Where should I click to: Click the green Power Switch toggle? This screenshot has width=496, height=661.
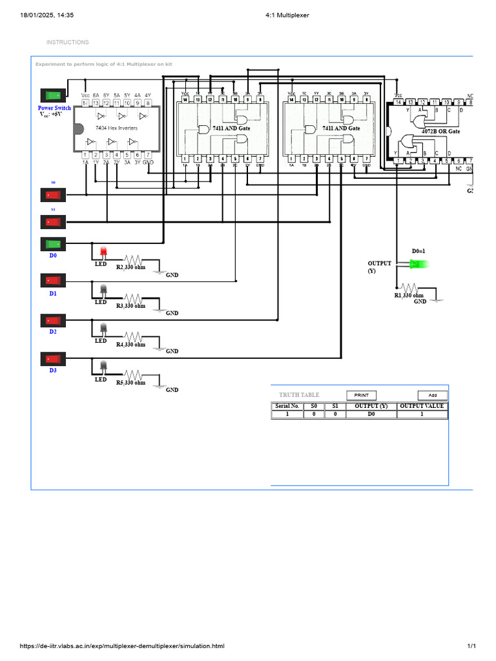pos(53,96)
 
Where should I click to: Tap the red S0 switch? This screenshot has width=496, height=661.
pos(53,194)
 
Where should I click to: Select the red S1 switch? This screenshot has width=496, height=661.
pos(53,221)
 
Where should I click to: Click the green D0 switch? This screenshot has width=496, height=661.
pos(53,244)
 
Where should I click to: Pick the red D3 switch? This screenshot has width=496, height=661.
pos(53,358)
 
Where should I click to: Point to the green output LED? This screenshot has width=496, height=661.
pos(422,263)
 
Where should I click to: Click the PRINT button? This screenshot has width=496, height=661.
pos(361,395)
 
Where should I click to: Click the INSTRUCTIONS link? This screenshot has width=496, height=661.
pos(67,43)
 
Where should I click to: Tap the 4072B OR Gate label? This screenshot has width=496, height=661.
pos(440,131)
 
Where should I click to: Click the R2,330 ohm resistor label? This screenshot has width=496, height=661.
pos(130,267)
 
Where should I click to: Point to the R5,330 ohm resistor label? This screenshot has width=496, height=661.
pos(130,383)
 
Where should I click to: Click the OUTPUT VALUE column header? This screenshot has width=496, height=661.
pos(422,406)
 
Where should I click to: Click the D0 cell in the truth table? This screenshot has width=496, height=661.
pos(371,414)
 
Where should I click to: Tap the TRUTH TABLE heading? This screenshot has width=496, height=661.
pos(299,395)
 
